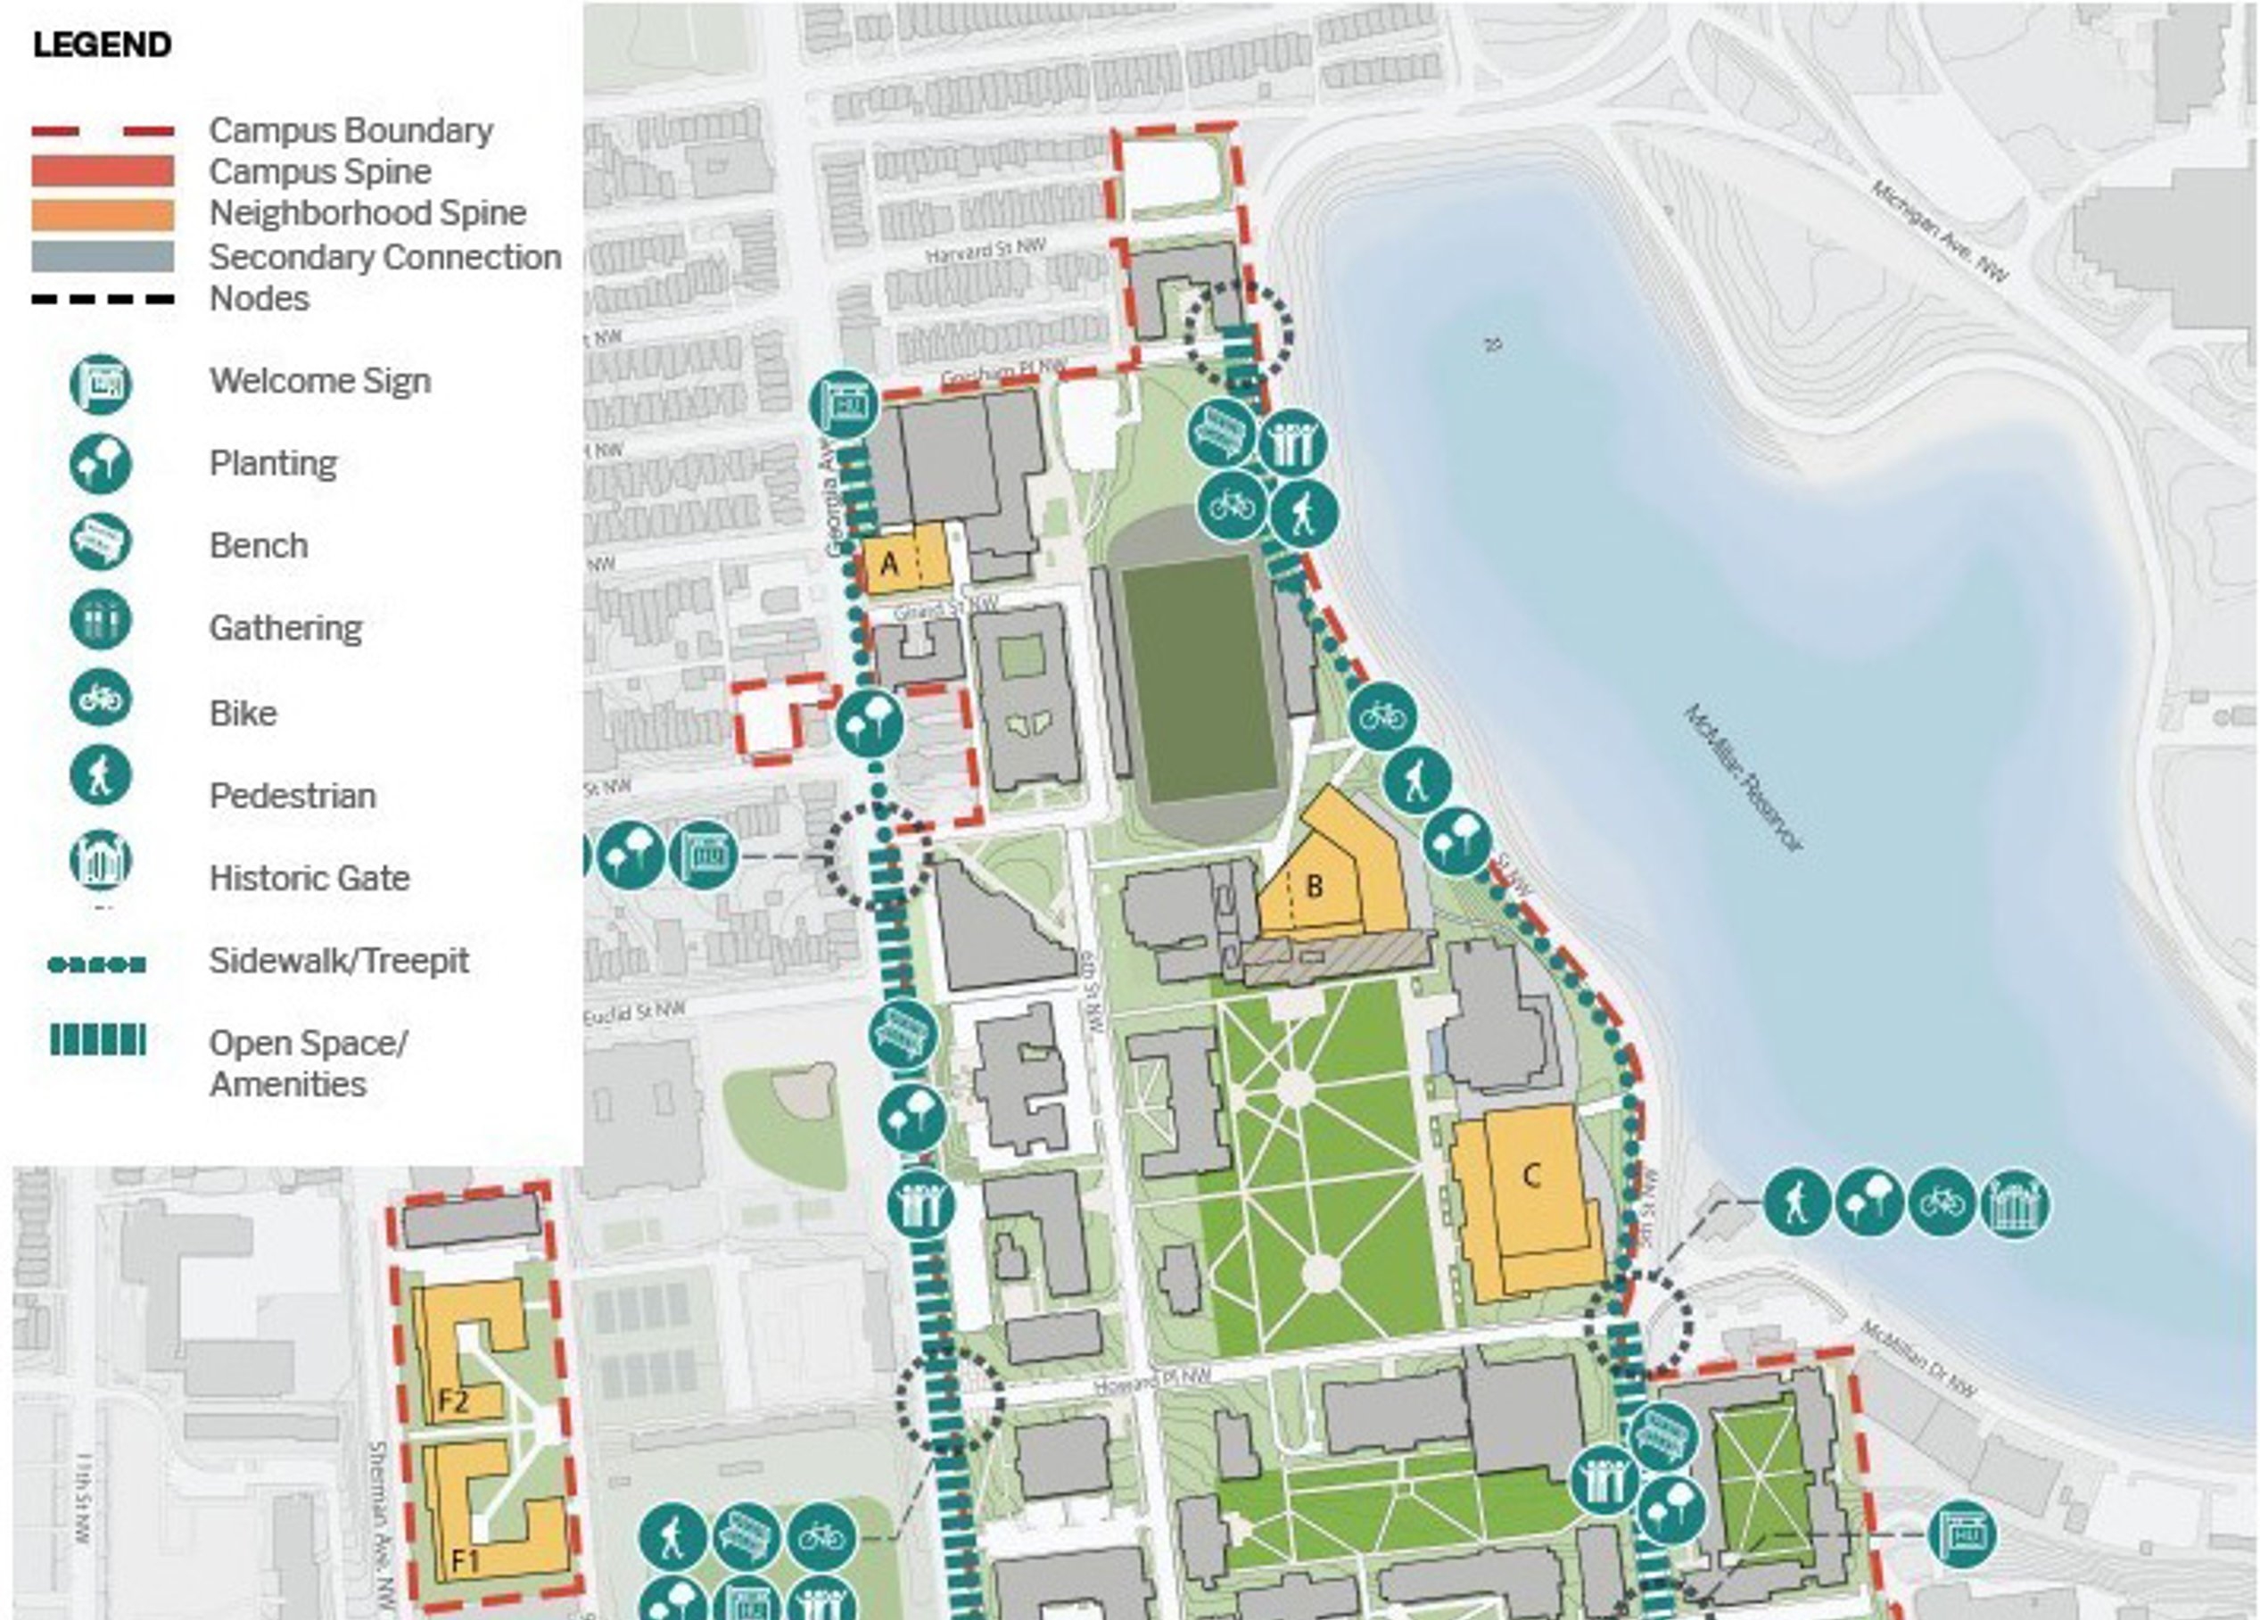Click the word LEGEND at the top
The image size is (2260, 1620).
pyautogui.click(x=102, y=45)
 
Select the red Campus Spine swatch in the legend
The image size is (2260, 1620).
pyautogui.click(x=103, y=171)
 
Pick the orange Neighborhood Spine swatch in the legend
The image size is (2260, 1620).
pyautogui.click(x=103, y=214)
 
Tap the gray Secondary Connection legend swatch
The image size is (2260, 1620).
pyautogui.click(x=103, y=256)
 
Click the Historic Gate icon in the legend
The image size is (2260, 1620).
pyautogui.click(x=101, y=859)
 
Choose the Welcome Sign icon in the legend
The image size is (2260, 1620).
pyautogui.click(x=101, y=383)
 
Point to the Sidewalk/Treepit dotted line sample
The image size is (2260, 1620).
pyautogui.click(x=97, y=964)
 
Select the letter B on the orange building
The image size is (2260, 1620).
pyautogui.click(x=1315, y=885)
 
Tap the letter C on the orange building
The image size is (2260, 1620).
pyautogui.click(x=1531, y=1177)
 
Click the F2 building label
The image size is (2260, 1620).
pyautogui.click(x=453, y=1402)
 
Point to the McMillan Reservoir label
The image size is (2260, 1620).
pyautogui.click(x=1744, y=779)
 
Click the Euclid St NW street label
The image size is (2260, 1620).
pyautogui.click(x=635, y=1012)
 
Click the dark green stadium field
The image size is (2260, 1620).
pyautogui.click(x=1199, y=678)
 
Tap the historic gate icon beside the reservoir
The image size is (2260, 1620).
pyautogui.click(x=2015, y=1203)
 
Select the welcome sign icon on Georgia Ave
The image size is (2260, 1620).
pyautogui.click(x=844, y=406)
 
